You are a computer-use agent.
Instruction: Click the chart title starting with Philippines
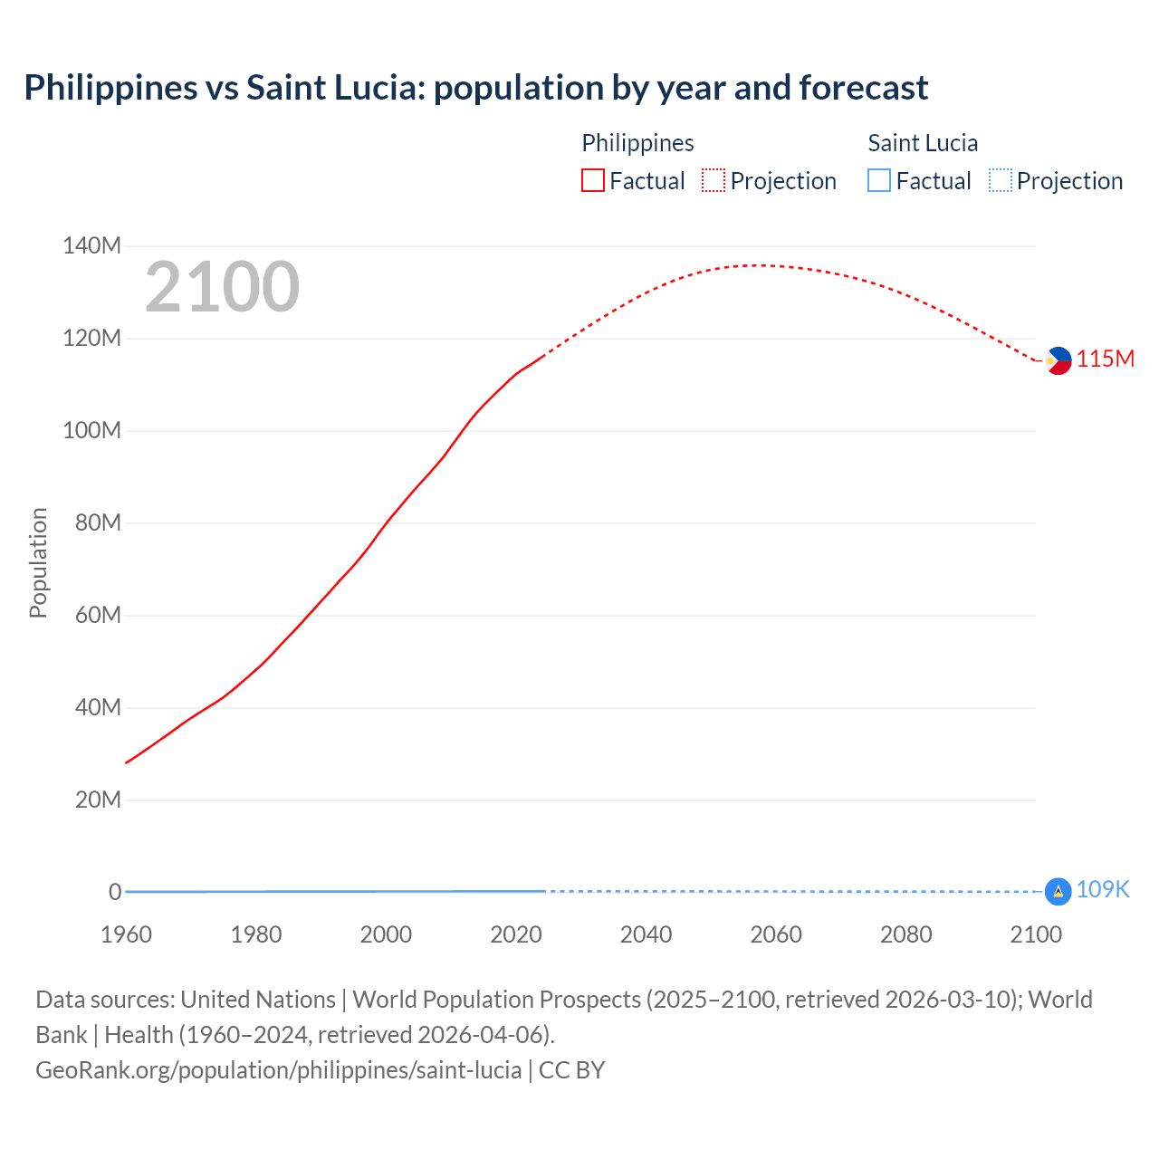[x=475, y=88]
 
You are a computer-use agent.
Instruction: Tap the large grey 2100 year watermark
[x=222, y=287]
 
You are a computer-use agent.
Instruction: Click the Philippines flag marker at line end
[x=1058, y=360]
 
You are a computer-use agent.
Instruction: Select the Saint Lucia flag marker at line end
[x=1058, y=891]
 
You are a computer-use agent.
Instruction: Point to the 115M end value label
[x=1106, y=359]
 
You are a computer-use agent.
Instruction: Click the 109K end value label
[x=1103, y=890]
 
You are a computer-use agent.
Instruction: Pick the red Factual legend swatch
[x=592, y=181]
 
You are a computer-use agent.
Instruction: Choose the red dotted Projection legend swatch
[x=714, y=181]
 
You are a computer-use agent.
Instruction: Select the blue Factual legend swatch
[x=878, y=181]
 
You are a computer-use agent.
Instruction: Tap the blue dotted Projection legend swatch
[x=1000, y=181]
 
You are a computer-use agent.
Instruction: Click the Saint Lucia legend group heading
[x=923, y=143]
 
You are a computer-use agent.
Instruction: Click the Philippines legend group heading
[x=637, y=143]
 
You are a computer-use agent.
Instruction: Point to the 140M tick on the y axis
[x=91, y=246]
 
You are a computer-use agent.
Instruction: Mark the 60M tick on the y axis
[x=93, y=616]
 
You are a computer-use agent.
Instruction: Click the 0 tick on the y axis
[x=114, y=892]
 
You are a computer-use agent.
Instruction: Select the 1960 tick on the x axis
[x=126, y=934]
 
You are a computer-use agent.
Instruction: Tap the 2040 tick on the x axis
[x=646, y=934]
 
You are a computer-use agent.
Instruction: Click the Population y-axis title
[x=38, y=562]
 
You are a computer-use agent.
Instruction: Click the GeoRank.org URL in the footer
[x=279, y=1070]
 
